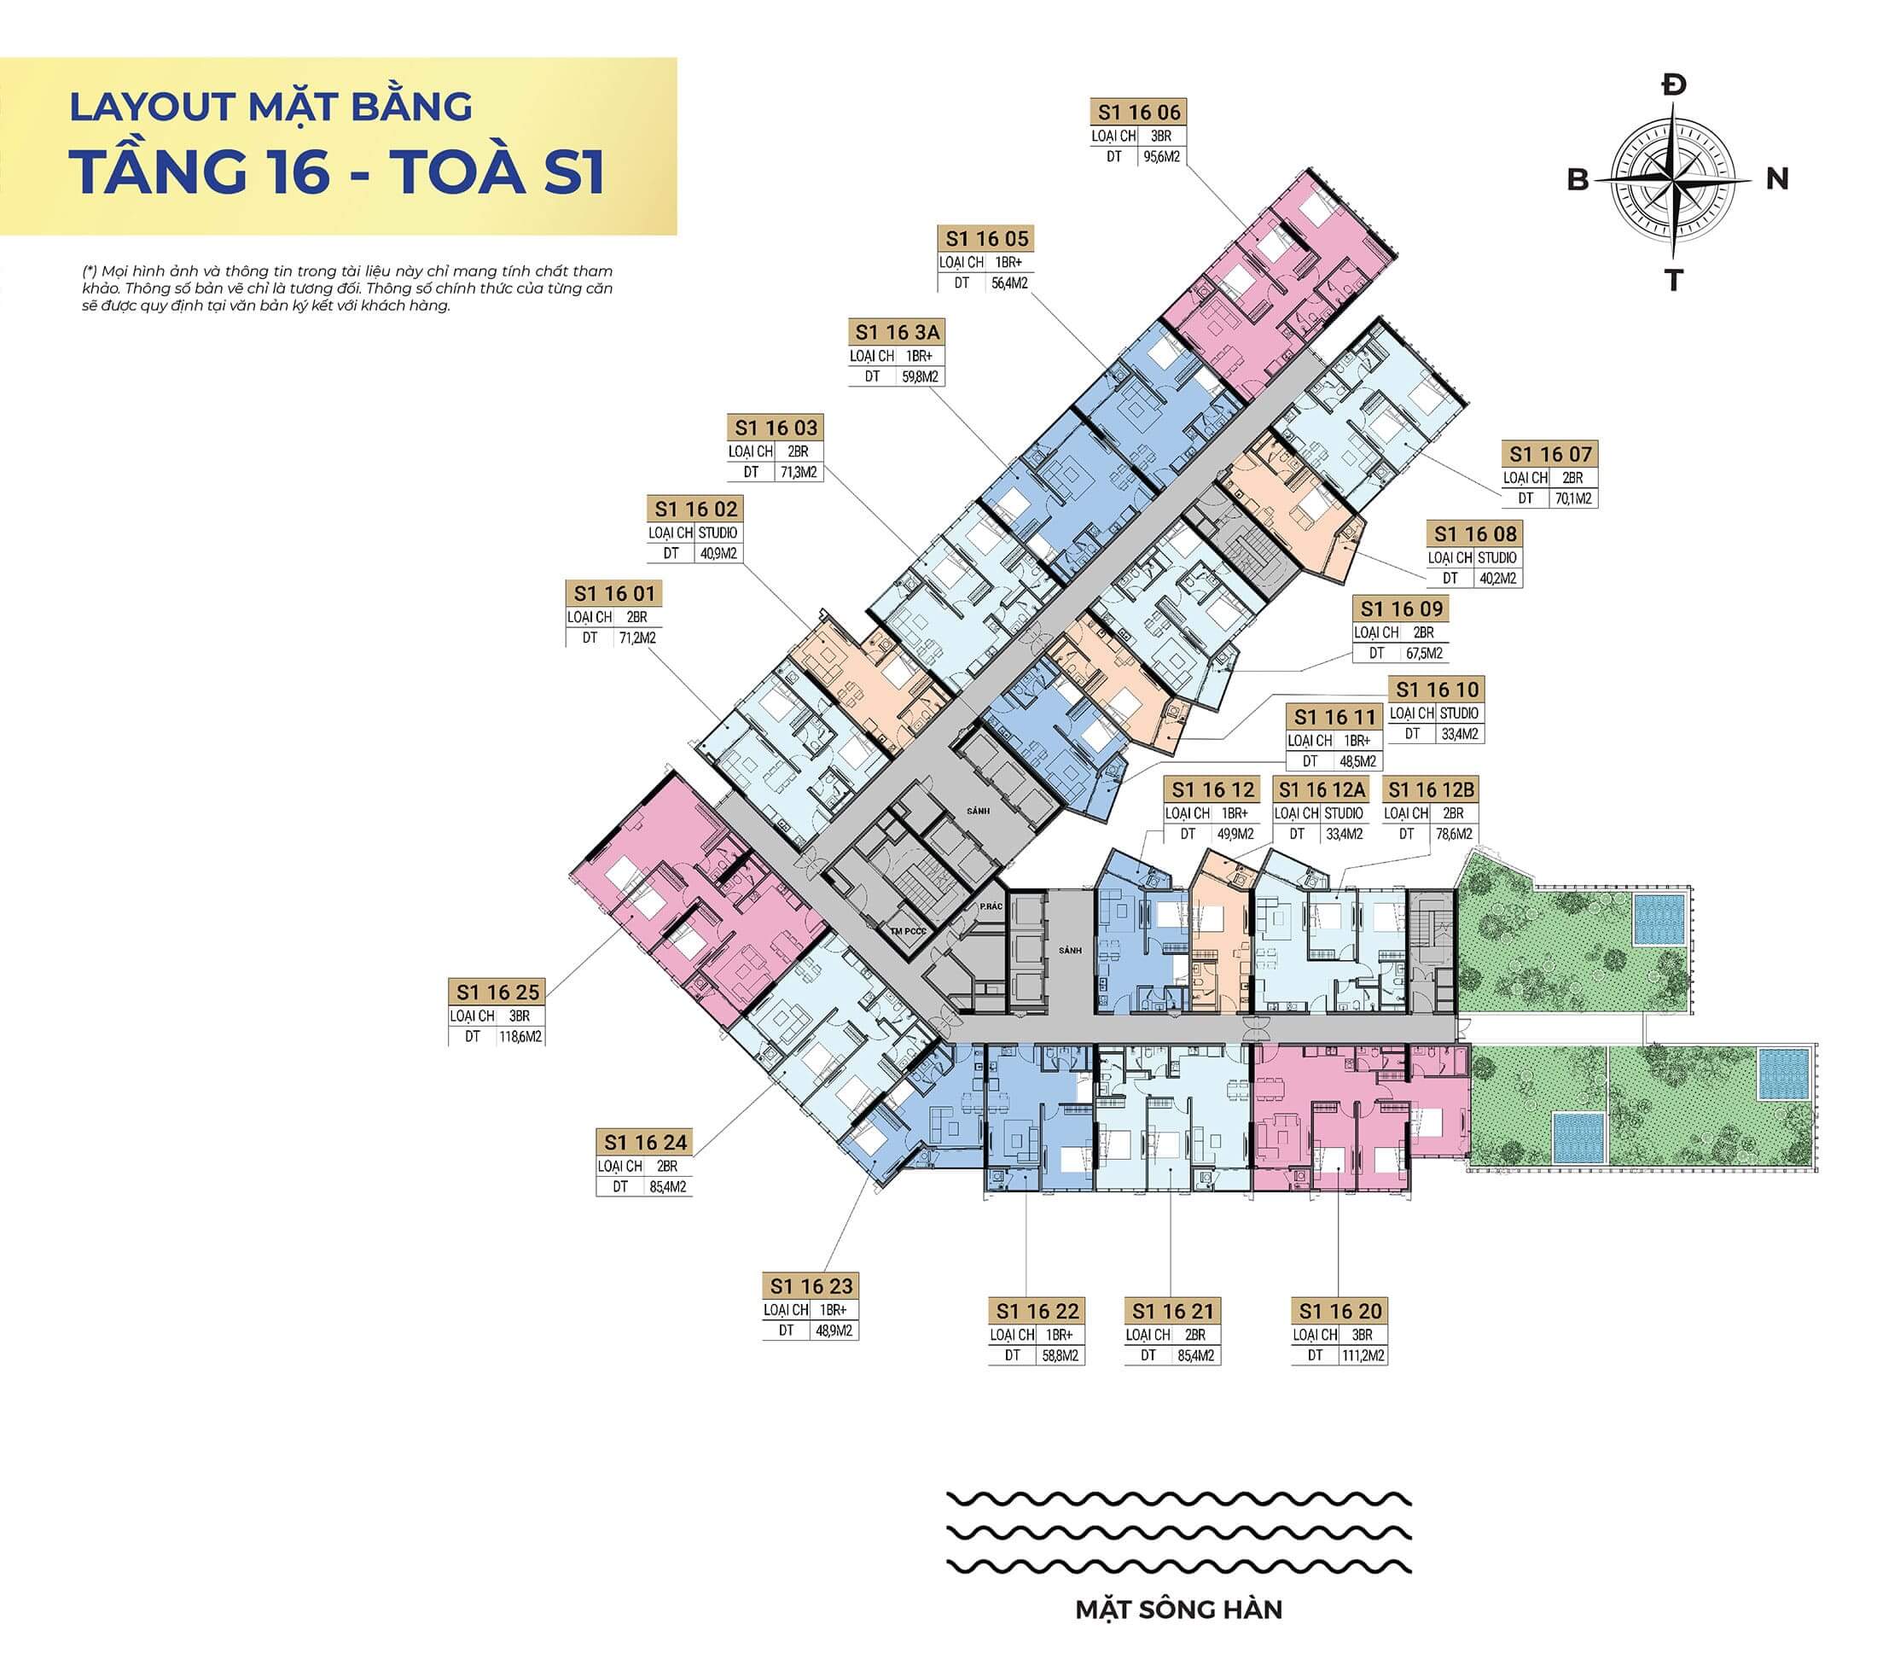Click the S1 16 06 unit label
point(1140,112)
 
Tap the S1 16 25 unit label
point(497,993)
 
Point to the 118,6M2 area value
point(520,1037)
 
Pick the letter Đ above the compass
point(1674,86)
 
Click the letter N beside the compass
point(1777,178)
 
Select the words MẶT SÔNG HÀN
point(1178,1609)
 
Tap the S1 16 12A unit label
point(1322,790)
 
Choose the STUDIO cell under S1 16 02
point(718,533)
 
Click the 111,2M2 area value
point(1363,1356)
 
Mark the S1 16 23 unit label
point(811,1286)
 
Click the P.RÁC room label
point(990,905)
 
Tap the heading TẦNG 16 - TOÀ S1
point(338,172)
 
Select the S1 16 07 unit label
point(1550,454)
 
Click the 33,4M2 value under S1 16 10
point(1459,734)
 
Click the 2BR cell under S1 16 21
point(1194,1335)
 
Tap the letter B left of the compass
point(1578,180)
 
